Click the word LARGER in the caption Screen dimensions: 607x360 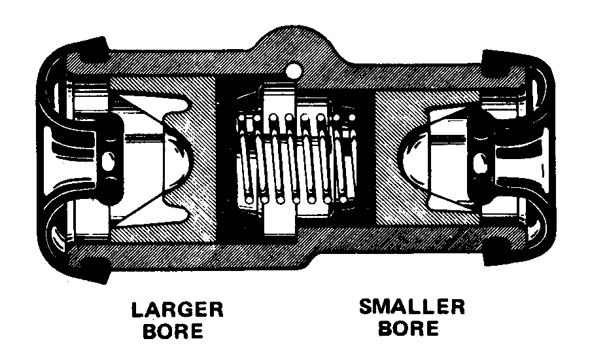pyautogui.click(x=177, y=310)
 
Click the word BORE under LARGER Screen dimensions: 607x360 pyautogui.click(x=173, y=331)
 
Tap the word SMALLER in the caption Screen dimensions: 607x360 pyautogui.click(x=412, y=307)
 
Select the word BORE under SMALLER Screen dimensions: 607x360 pyautogui.click(x=408, y=328)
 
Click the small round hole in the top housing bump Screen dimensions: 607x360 pyautogui.click(x=293, y=71)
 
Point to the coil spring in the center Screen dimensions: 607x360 pyautogui.click(x=296, y=159)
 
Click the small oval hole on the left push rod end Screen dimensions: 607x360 pyautogui.click(x=109, y=160)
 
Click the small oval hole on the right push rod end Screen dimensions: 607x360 pyautogui.click(x=480, y=161)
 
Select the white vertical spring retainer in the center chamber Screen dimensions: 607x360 pyautogui.click(x=279, y=159)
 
